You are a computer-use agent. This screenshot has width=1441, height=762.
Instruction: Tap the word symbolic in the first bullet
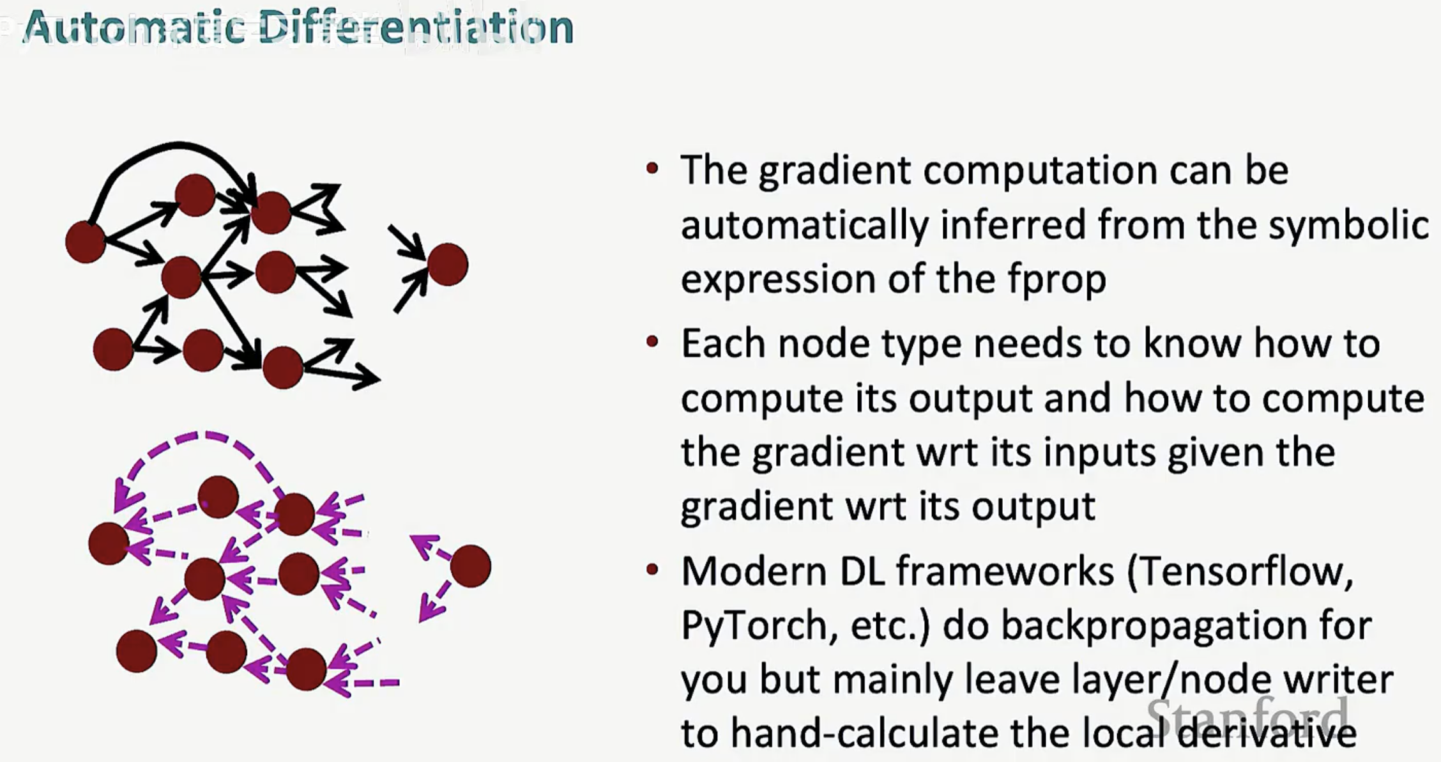click(1348, 226)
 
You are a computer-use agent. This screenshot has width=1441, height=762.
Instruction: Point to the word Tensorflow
click(1240, 571)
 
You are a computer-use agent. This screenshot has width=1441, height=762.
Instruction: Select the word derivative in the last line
click(1267, 733)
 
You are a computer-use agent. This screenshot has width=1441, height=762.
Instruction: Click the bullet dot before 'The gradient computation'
click(652, 169)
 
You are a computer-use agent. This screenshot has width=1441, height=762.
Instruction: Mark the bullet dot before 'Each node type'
click(652, 342)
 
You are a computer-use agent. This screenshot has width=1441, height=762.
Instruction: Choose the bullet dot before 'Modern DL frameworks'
click(652, 569)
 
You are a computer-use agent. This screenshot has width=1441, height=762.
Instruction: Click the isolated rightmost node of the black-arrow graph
click(448, 264)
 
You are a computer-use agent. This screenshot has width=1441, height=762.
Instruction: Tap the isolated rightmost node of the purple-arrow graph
click(471, 566)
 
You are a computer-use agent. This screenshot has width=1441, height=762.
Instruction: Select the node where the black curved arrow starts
click(86, 242)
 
